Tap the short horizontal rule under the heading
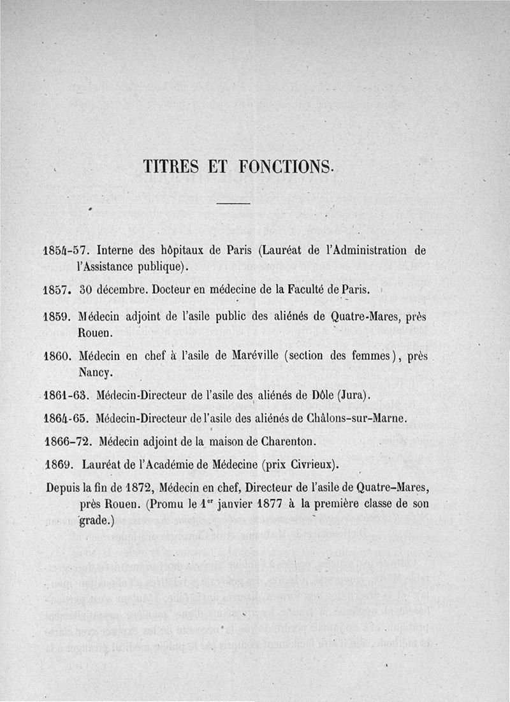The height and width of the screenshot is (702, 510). [234, 204]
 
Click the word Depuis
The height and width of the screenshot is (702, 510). [64, 488]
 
